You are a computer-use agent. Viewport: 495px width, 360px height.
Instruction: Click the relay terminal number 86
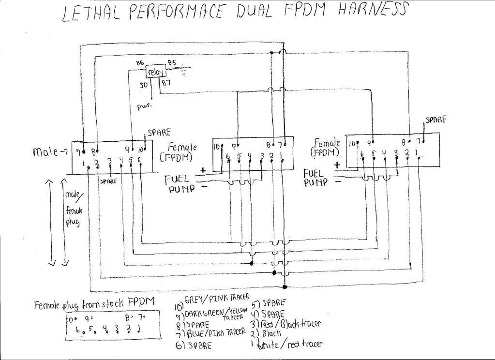[140, 63]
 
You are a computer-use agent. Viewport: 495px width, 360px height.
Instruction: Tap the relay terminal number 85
[172, 62]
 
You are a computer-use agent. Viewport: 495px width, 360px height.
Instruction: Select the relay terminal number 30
[144, 86]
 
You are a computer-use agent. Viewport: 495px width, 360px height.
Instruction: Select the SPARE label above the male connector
[159, 132]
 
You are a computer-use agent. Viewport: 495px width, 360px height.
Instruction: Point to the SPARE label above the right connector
[435, 120]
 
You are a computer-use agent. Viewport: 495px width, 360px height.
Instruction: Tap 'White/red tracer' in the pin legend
[290, 344]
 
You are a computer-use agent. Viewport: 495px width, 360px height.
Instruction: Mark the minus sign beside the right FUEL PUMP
[337, 182]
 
